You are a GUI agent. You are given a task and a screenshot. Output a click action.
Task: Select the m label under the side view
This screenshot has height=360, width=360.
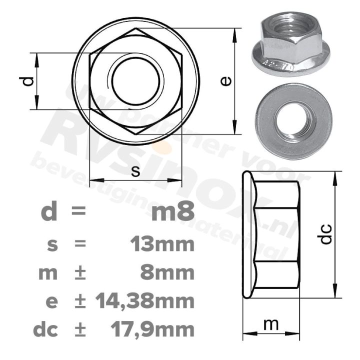(270, 324)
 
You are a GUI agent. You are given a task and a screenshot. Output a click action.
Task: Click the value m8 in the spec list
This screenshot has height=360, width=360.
(172, 212)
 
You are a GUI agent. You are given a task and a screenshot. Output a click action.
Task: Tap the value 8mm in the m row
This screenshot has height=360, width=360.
(168, 273)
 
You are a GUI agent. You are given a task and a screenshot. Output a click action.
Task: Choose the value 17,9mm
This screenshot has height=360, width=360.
(151, 329)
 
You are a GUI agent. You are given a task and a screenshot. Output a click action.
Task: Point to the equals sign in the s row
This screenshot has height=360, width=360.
(79, 245)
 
